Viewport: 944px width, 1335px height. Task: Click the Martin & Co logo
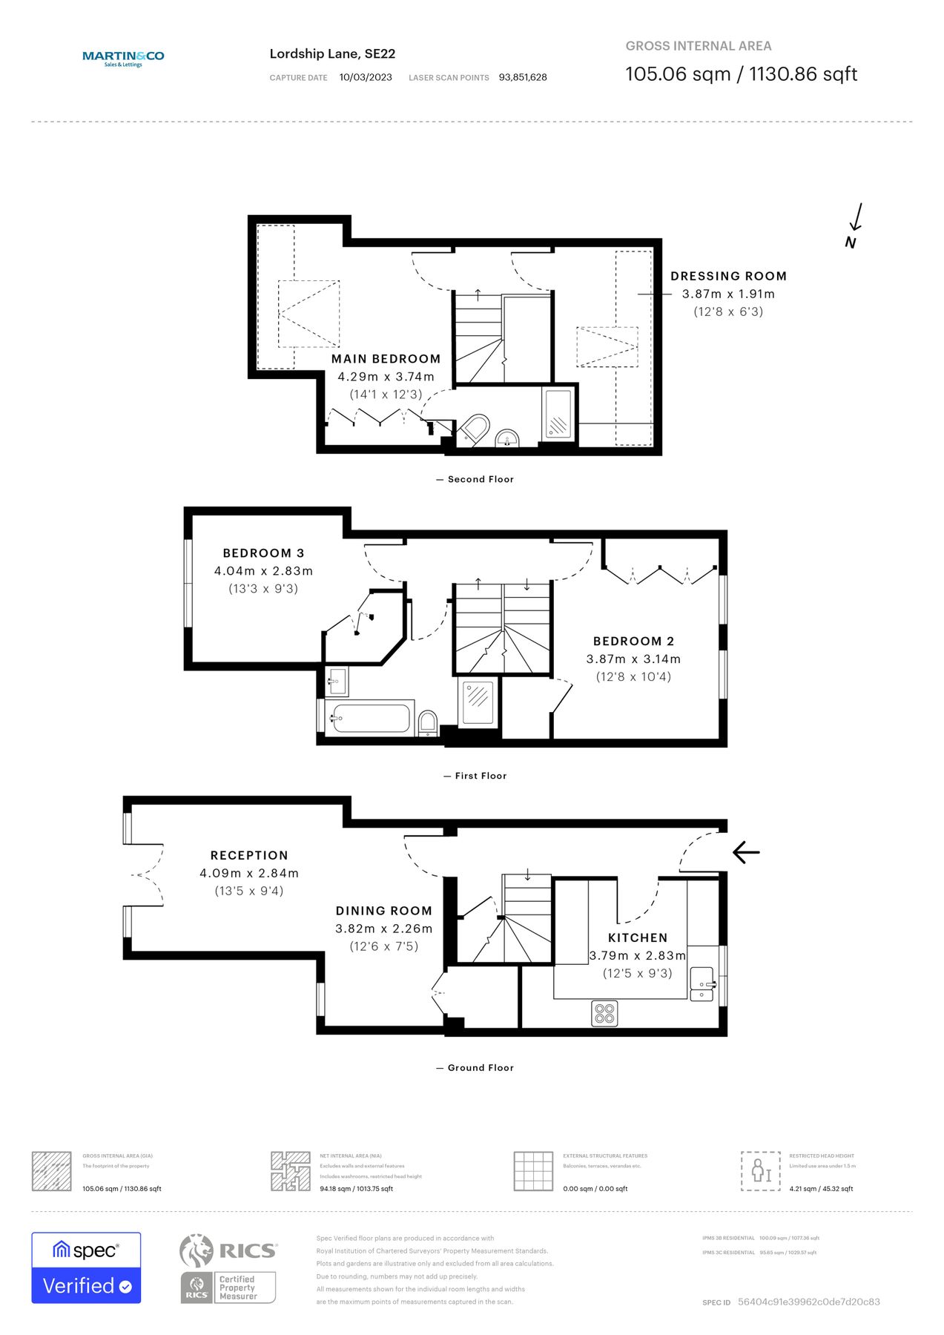(123, 58)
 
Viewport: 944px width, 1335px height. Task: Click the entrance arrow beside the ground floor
(746, 852)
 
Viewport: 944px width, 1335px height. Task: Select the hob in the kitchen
(604, 1013)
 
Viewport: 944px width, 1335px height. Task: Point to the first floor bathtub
(370, 718)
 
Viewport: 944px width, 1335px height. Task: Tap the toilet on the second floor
(474, 429)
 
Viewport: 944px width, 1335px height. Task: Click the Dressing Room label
(728, 276)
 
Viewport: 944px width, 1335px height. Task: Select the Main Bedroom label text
(386, 359)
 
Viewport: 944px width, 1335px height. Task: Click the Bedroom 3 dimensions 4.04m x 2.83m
(263, 571)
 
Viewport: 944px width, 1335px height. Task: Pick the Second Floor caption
(480, 479)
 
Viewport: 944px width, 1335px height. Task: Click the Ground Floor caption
(480, 1068)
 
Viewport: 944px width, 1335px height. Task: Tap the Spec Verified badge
(86, 1268)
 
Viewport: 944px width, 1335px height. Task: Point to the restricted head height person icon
(761, 1171)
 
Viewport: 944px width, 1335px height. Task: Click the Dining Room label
(383, 911)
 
